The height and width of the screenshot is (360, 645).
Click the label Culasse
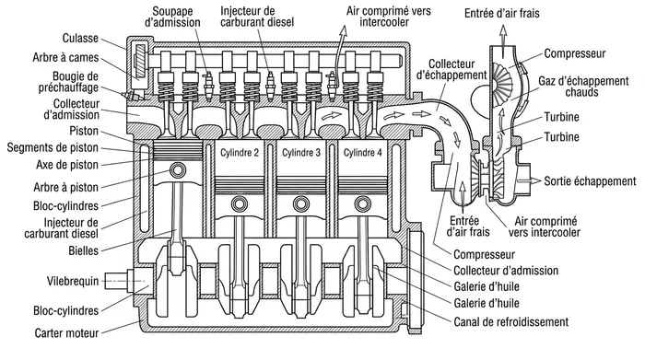coord(80,39)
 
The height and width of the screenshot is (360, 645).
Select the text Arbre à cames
coord(65,57)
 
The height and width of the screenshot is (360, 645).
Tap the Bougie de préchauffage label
coord(69,82)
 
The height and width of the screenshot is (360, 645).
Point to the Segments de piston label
coord(53,147)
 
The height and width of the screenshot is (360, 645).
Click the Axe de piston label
coord(67,165)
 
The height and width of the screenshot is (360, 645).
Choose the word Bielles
coord(84,250)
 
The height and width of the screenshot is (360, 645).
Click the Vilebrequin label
coord(73,281)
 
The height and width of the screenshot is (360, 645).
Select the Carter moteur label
coord(66,332)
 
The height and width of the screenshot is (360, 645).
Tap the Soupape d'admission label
coord(172,17)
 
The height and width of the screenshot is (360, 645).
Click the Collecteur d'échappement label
coord(451,69)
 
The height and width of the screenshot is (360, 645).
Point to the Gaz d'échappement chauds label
coord(583,87)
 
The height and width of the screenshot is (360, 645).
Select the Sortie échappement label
coord(590,181)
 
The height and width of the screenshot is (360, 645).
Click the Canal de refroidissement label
coord(510,321)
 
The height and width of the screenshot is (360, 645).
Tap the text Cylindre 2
coord(240,153)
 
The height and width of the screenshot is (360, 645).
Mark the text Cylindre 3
coord(301,153)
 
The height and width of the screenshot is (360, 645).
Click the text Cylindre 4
coord(363,153)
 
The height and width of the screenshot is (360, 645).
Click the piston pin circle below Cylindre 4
coord(362,203)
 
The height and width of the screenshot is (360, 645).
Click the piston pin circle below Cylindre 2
coord(239,203)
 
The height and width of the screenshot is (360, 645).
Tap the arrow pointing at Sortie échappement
coord(530,180)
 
